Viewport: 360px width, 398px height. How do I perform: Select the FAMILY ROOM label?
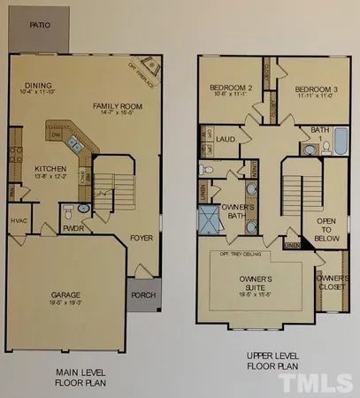(x=118, y=105)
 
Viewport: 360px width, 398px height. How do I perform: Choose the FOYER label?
(x=141, y=238)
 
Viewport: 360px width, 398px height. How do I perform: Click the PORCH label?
(x=142, y=295)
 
